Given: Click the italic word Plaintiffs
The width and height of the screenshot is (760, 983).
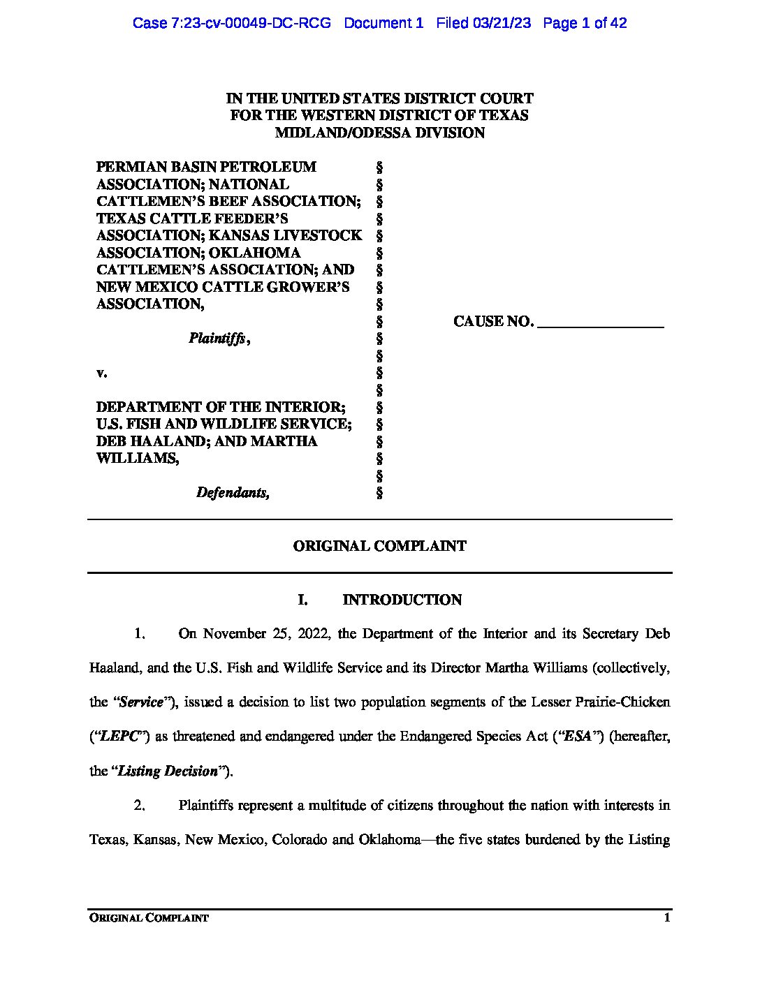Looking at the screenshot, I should tap(217, 339).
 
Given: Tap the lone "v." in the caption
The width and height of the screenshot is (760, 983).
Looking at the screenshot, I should tap(101, 373).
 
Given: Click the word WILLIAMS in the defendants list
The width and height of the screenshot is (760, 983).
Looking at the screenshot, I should tap(136, 458).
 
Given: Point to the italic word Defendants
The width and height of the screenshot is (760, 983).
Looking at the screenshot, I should tap(233, 493).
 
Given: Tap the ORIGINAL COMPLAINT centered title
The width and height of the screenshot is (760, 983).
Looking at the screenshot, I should tap(379, 546).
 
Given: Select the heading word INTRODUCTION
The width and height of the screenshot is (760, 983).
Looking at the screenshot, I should tap(402, 600).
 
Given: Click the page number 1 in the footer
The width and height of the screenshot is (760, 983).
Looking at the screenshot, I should tap(667, 918).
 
